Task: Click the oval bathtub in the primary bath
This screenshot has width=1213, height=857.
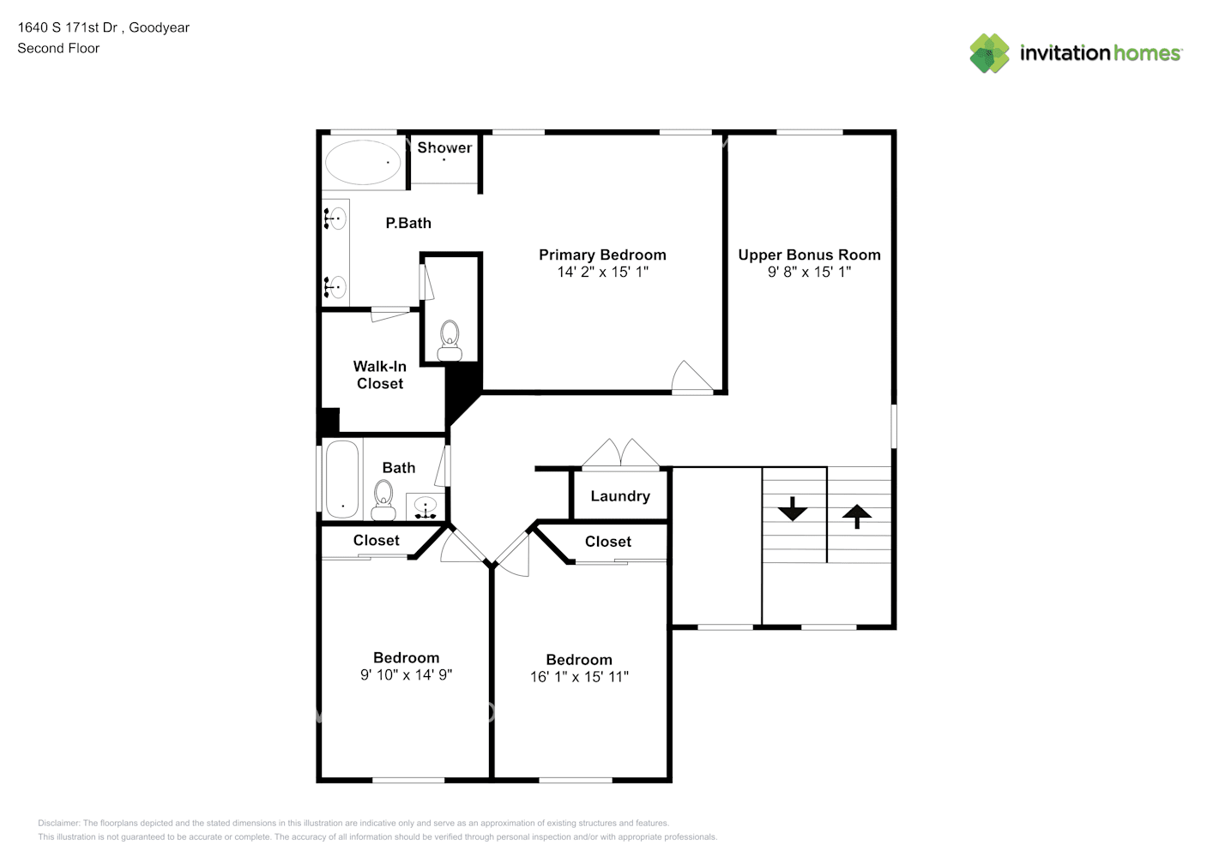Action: coord(362,162)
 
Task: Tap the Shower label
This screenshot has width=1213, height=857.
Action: coord(444,147)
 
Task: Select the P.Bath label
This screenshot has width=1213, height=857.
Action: coord(408,223)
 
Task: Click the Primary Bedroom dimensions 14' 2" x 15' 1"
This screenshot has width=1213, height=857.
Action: coord(603,272)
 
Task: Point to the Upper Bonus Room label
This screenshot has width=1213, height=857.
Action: coord(809,255)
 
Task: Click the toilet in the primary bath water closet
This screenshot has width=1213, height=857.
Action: coord(450,341)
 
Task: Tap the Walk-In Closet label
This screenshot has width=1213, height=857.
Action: coord(380,375)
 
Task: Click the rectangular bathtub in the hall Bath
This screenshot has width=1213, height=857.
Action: coord(342,479)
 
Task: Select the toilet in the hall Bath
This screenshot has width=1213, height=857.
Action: coord(383,500)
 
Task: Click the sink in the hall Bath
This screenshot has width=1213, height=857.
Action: coord(425,507)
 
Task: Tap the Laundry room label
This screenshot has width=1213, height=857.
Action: coord(620,496)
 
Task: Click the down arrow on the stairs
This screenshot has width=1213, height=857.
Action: coord(793,508)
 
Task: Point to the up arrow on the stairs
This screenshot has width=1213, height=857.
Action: coord(857,516)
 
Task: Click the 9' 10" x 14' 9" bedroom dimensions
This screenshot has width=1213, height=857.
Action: coord(406,674)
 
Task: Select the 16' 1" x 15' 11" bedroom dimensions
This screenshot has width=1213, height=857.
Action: coord(579,677)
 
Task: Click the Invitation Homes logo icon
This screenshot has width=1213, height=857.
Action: coord(989,53)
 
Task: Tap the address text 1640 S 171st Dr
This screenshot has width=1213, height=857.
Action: coord(68,27)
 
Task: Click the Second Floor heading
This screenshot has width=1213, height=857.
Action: coord(58,48)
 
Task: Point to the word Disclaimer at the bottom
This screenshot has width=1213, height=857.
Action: coord(58,823)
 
